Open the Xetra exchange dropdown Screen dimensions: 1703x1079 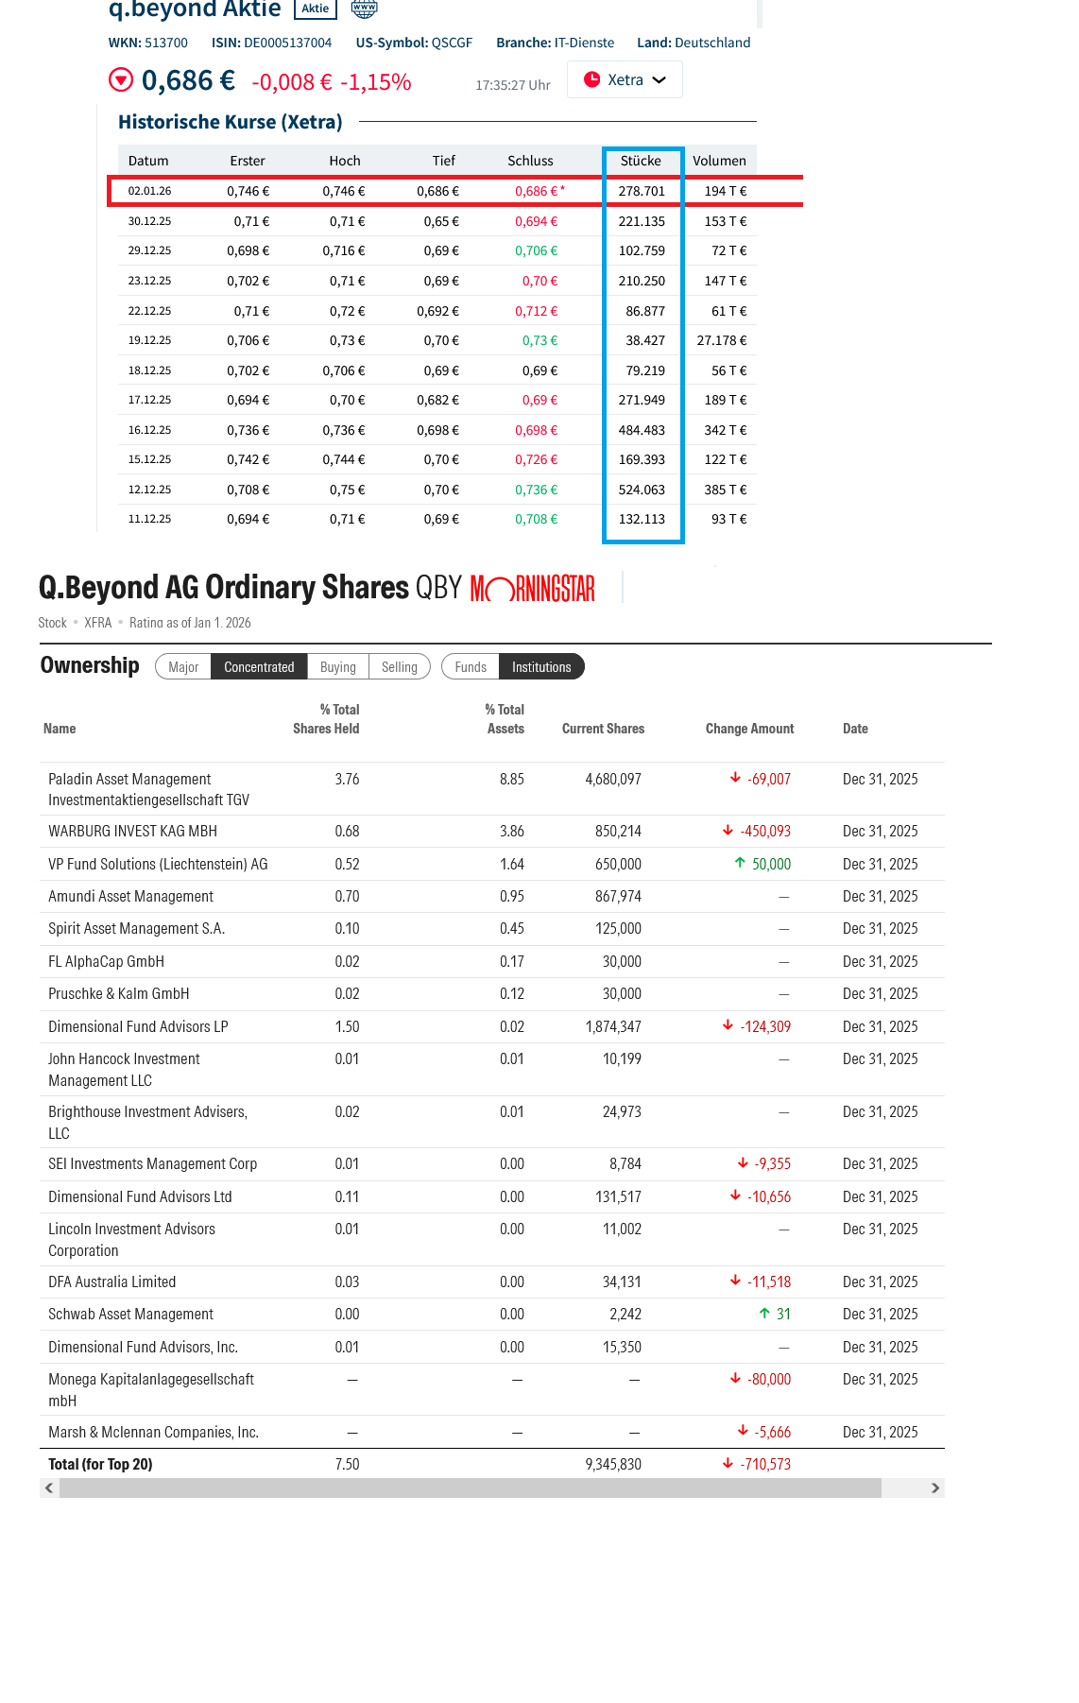pos(625,80)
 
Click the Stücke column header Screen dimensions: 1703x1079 pos(641,161)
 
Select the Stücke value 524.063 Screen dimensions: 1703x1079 pos(642,490)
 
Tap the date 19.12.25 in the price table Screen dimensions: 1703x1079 pos(149,340)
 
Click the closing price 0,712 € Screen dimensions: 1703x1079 pos(536,311)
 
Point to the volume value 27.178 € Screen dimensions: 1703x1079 pos(721,340)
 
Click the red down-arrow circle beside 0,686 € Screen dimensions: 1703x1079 pos(121,80)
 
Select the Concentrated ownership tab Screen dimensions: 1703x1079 pos(259,667)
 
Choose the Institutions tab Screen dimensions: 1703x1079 pos(541,667)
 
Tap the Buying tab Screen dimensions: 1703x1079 pos(337,667)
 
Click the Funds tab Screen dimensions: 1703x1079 pos(471,667)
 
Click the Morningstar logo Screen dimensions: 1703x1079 pos(533,589)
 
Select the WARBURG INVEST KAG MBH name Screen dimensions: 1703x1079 pos(132,832)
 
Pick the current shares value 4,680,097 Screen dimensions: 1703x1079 pos(612,780)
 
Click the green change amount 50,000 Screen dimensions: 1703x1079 pos(770,865)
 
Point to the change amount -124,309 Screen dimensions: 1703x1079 pos(764,1027)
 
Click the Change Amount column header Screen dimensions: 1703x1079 pos(749,729)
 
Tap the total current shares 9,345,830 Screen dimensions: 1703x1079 pos(612,1465)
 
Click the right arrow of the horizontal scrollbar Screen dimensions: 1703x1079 pos(935,1488)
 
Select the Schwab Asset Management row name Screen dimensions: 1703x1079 pos(130,1315)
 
